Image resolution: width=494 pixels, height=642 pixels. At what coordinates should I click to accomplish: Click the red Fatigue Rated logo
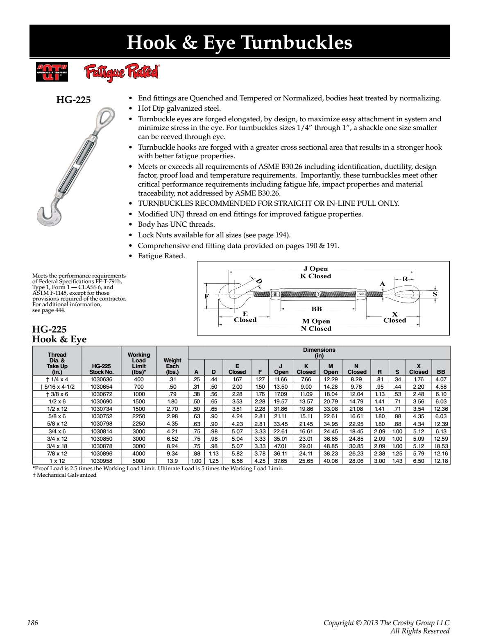pos(121,73)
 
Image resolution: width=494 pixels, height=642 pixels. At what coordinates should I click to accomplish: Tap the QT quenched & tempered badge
pos(52,73)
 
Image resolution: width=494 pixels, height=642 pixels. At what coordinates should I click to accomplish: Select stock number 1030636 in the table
pos(101,379)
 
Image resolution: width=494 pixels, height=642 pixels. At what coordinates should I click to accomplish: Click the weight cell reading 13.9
pos(172,461)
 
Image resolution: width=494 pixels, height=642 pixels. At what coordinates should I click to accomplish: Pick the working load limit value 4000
pos(139,453)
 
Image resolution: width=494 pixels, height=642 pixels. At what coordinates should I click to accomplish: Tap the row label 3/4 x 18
pos(57,446)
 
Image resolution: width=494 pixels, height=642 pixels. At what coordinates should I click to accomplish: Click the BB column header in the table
pos(441,372)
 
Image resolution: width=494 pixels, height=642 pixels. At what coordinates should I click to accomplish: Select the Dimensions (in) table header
pos(319,353)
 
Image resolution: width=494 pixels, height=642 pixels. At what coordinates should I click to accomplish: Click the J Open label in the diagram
pos(315,269)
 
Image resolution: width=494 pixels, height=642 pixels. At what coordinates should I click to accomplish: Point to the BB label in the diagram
pos(317,309)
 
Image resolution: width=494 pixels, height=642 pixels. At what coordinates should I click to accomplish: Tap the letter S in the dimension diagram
pos(435,294)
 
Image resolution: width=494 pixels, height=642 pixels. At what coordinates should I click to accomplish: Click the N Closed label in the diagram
pos(316,328)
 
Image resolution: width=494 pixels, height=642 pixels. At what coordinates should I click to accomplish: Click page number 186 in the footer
pos(32,623)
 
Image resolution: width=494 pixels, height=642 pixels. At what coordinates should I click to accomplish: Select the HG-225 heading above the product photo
pos(73,100)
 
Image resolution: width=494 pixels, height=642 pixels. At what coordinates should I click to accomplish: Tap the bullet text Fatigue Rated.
pos(161,256)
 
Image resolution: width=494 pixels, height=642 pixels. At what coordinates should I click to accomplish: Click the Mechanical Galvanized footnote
pos(65,475)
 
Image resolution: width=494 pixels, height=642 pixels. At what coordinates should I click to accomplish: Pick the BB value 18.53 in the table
pos(441,446)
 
